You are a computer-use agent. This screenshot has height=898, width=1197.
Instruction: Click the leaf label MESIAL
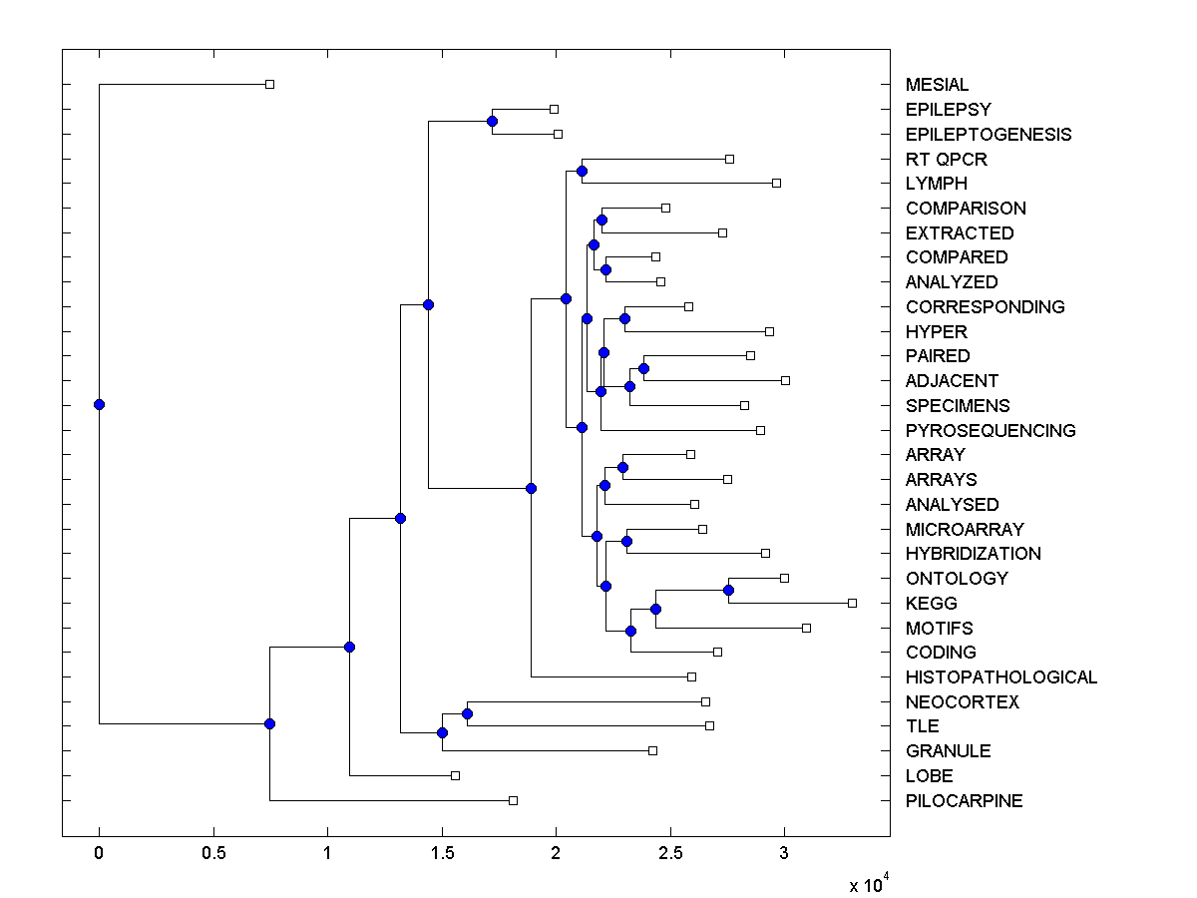click(x=937, y=85)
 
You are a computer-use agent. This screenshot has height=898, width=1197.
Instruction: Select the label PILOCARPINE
click(x=964, y=800)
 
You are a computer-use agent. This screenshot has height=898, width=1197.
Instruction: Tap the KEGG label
click(x=931, y=604)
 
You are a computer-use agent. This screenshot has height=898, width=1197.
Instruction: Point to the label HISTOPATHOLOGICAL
click(x=1000, y=677)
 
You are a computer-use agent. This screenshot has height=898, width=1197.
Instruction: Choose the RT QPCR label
click(x=946, y=159)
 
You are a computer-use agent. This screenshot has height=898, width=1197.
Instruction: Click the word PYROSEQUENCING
click(x=991, y=431)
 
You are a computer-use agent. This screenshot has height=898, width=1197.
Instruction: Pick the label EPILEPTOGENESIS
click(x=988, y=134)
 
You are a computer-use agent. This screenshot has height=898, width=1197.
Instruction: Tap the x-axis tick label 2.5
click(x=670, y=854)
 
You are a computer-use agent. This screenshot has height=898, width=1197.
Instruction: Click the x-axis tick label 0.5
click(x=213, y=854)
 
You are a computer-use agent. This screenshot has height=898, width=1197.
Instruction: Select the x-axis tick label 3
click(x=784, y=854)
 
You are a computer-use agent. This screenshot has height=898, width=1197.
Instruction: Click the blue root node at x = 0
click(x=99, y=404)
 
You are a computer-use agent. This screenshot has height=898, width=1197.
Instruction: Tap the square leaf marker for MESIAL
click(x=269, y=84)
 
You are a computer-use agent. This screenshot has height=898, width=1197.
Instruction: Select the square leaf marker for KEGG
click(x=852, y=603)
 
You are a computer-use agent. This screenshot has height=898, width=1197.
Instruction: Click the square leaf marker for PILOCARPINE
click(x=513, y=800)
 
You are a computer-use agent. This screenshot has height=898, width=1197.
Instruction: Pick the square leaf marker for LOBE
click(x=455, y=775)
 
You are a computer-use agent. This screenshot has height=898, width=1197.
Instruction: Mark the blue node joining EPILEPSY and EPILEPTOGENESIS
click(x=492, y=121)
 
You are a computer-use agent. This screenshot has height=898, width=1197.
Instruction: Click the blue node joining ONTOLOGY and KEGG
click(x=728, y=591)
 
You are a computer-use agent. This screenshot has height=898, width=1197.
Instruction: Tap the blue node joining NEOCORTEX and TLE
click(x=467, y=713)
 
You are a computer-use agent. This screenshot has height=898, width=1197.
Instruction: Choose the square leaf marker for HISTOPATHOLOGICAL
click(x=691, y=676)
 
